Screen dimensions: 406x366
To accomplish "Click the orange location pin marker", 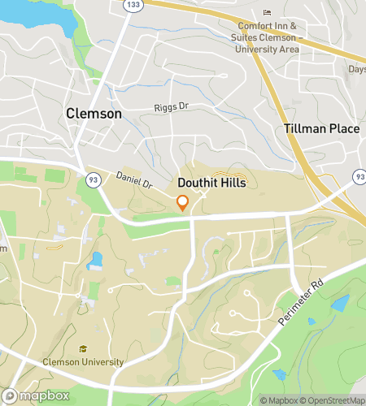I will pos(183,203).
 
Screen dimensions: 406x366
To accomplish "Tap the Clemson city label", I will pos(94,114).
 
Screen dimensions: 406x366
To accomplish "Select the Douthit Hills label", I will pos(211,184).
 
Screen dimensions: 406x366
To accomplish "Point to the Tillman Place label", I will pos(321,129).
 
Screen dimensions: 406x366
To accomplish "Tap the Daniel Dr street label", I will pos(134,179).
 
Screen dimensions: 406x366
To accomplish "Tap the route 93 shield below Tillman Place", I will pos(359,176).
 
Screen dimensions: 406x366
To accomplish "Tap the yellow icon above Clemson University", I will pos(82,349).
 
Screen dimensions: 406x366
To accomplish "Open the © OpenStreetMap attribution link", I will pos(333,400).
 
